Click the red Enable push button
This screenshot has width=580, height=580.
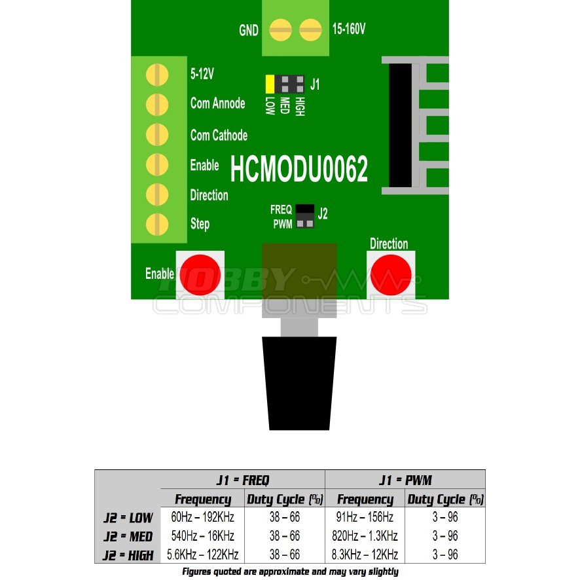pos(200,274)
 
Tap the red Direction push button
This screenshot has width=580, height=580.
pos(391,274)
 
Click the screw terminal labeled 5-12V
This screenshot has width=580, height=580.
pos(157,74)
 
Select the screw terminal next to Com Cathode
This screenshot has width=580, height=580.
pos(157,134)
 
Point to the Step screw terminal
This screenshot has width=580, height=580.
pos(157,224)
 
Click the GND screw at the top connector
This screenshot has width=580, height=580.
pos(280,29)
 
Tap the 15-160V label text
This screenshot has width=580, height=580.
pos(349,29)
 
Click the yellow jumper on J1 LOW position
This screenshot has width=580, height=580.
pos(270,84)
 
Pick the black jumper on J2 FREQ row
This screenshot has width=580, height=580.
pos(304,209)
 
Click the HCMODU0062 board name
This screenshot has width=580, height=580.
pos(299,170)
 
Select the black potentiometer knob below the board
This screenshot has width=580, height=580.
pos(299,382)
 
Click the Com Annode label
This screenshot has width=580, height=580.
pos(217,103)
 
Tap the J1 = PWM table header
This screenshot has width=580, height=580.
pos(405,480)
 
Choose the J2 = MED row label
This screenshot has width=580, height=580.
pos(128,537)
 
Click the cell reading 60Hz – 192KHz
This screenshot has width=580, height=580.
pos(202,517)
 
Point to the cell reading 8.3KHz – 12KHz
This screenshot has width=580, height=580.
pos(365,555)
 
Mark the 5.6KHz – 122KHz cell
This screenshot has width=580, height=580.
pos(202,555)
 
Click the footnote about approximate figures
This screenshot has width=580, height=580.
pos(290,571)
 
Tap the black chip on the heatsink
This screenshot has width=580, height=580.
pos(400,124)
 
